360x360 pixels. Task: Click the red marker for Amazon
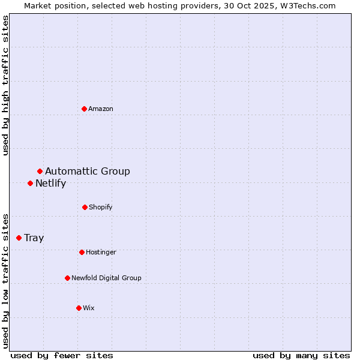[x=85, y=109]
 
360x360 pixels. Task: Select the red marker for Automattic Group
[x=40, y=172]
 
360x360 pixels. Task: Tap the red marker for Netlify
[x=31, y=183]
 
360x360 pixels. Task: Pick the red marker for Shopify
[x=85, y=207]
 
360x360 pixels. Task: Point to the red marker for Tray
[x=19, y=238]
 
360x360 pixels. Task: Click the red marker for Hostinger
[x=82, y=252]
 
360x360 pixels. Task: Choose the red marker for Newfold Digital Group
[x=67, y=278]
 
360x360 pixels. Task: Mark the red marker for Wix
[x=79, y=308]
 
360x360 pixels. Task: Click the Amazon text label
[x=101, y=109]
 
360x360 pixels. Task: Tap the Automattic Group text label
[x=88, y=172]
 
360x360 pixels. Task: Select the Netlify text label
[x=50, y=184]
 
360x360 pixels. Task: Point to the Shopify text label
[x=101, y=207]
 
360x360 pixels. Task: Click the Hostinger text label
[x=101, y=252]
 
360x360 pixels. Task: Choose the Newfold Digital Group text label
[x=106, y=278]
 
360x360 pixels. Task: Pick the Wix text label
[x=89, y=308]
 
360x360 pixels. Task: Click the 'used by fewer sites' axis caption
[x=62, y=355]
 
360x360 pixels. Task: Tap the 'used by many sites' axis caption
[x=301, y=355]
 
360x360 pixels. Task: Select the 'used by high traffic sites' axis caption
[x=5, y=85]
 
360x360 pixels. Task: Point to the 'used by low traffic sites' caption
[x=5, y=280]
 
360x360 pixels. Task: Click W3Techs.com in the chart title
[x=307, y=5]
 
